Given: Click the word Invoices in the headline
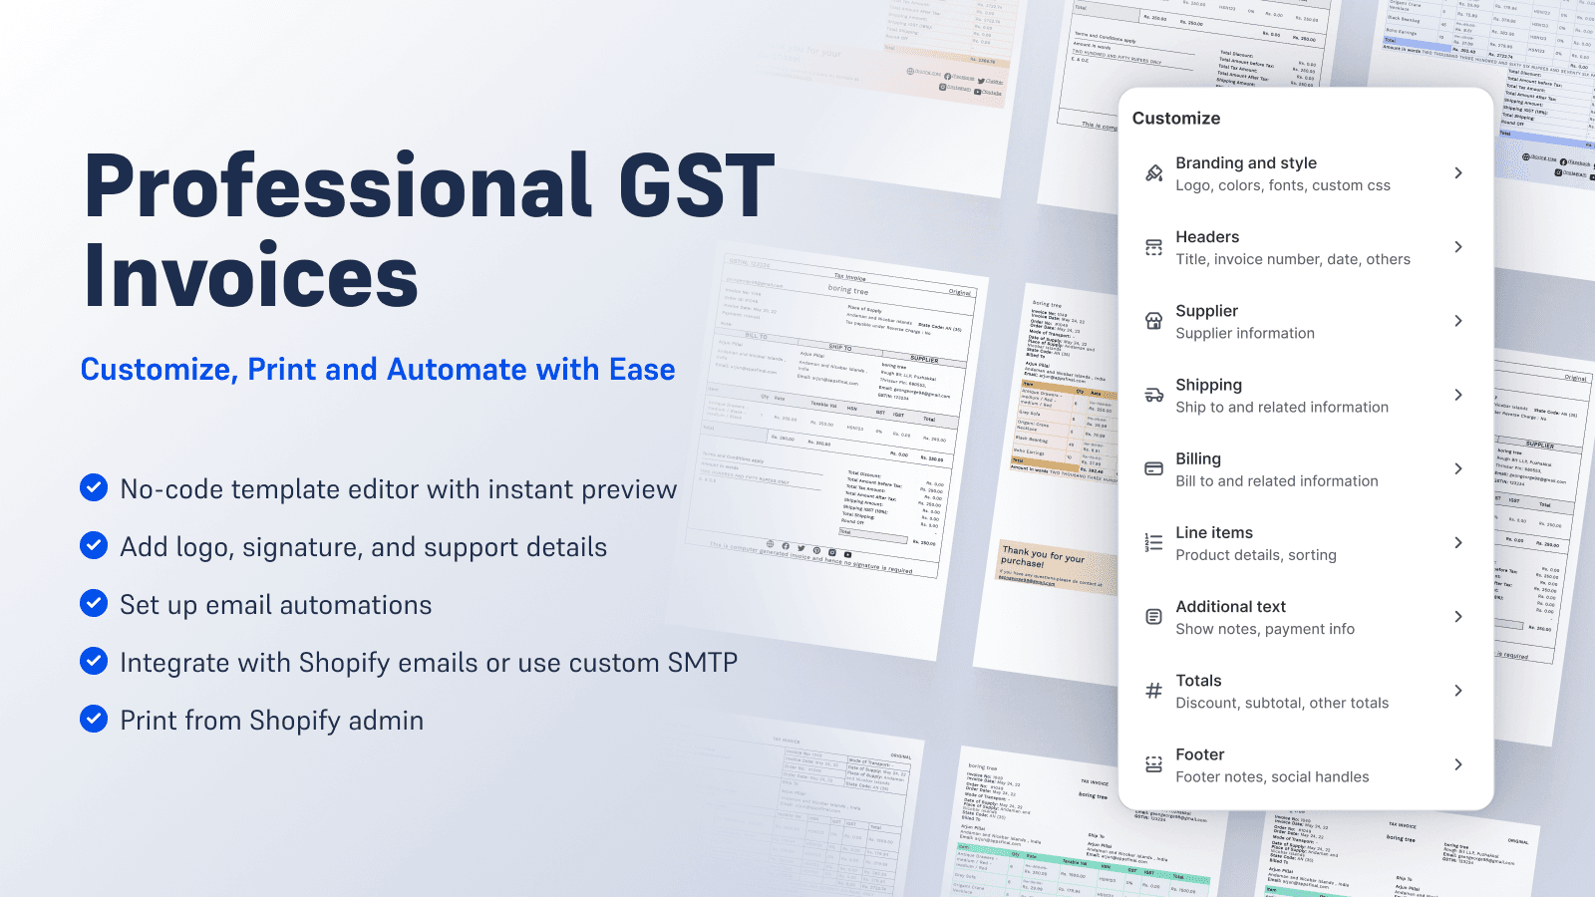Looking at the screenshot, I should pyautogui.click(x=251, y=277).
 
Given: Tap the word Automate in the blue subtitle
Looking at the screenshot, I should pyautogui.click(x=457, y=370).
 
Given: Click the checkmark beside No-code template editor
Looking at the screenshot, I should pyautogui.click(x=94, y=487).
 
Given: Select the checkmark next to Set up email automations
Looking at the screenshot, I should pyautogui.click(x=94, y=603).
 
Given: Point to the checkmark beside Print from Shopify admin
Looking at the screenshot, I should pyautogui.click(x=94, y=719).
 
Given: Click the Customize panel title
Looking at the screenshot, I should pyautogui.click(x=1175, y=118).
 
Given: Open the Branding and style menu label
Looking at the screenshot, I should pyautogui.click(x=1245, y=162).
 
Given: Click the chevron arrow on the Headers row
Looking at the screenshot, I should pyautogui.click(x=1457, y=247).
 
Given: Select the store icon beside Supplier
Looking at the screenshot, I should pyautogui.click(x=1153, y=321).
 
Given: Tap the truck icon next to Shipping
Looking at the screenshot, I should pyautogui.click(x=1153, y=395).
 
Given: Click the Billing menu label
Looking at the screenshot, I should pyautogui.click(x=1197, y=458).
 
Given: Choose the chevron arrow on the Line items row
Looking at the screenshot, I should pyautogui.click(x=1457, y=543).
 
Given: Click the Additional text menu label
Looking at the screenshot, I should pyautogui.click(x=1230, y=606).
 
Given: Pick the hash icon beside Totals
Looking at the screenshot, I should pyautogui.click(x=1153, y=691).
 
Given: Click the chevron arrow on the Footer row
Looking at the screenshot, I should pyautogui.click(x=1457, y=764).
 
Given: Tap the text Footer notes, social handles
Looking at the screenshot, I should pyautogui.click(x=1271, y=777).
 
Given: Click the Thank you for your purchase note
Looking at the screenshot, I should pyautogui.click(x=1042, y=557).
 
